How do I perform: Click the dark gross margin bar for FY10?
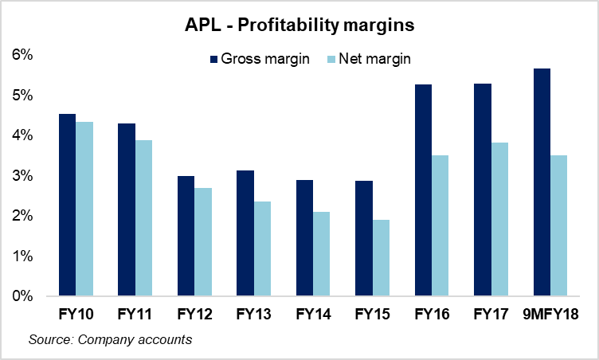point(67,205)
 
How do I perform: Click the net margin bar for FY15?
point(381,258)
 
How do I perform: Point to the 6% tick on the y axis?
point(22,55)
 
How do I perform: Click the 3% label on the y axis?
point(22,176)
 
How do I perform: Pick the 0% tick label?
point(22,296)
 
